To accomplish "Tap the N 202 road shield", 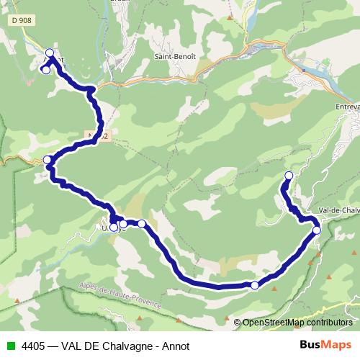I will [x=98, y=135].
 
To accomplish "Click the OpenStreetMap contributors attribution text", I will [x=297, y=323].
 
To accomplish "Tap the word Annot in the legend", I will [x=176, y=346].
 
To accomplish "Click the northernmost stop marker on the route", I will [x=50, y=53].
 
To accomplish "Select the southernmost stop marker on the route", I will [x=254, y=286].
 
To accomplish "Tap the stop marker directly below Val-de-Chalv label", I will [x=317, y=230].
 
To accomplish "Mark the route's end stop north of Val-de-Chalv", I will [x=289, y=176].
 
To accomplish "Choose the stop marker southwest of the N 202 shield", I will [x=48, y=160].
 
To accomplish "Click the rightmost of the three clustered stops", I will [x=142, y=224].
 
